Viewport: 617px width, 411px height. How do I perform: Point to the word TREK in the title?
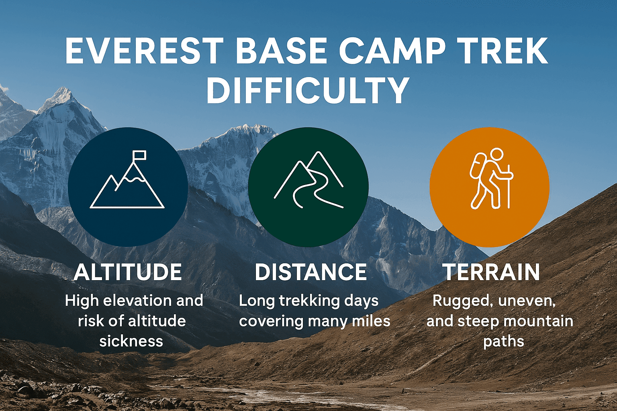(x=508, y=51)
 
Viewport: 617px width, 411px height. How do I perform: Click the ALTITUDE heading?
(x=128, y=272)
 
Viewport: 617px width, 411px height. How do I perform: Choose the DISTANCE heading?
(x=311, y=272)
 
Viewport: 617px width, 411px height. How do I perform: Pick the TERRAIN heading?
(x=491, y=272)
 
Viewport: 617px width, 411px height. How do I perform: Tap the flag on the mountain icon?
(x=139, y=155)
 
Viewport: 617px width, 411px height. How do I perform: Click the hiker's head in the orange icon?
(x=496, y=155)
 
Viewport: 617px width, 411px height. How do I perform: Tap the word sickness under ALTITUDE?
(x=131, y=342)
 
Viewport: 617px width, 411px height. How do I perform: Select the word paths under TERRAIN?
(x=503, y=342)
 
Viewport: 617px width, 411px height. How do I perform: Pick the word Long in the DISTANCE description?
(x=254, y=301)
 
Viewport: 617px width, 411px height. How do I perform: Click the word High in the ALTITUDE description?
(x=81, y=301)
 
